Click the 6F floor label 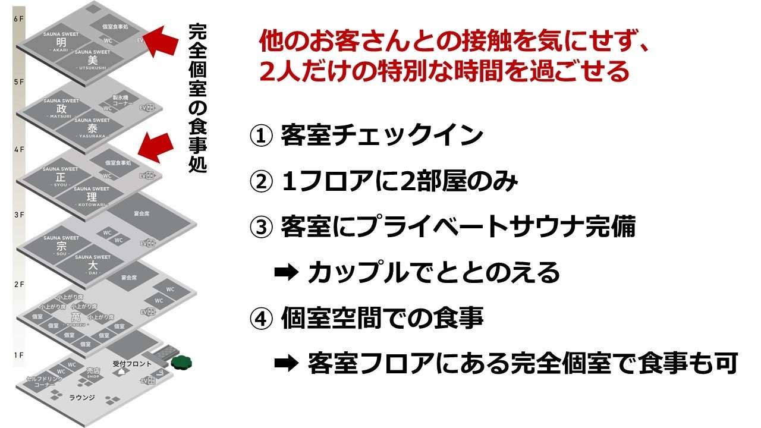click(18, 19)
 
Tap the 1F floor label click(18, 355)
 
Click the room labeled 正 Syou click(60, 177)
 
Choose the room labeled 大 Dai click(92, 265)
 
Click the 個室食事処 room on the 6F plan click(115, 27)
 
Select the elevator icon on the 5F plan click(146, 108)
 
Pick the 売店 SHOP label click(92, 373)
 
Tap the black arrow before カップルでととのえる click(285, 273)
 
